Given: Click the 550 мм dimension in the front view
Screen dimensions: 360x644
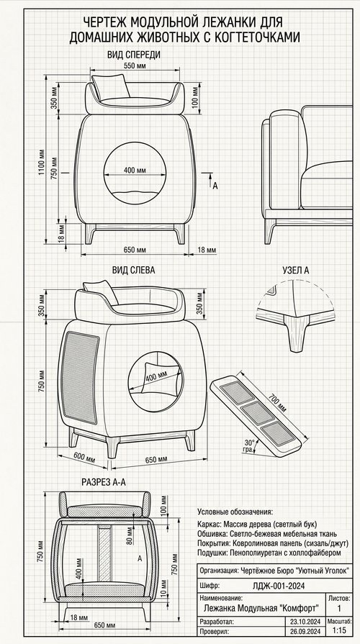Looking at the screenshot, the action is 135,65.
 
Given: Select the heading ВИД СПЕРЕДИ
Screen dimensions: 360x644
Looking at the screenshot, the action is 134,55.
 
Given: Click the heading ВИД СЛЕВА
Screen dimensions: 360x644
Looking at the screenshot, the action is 134,270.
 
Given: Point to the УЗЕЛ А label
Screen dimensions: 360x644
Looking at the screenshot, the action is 296,270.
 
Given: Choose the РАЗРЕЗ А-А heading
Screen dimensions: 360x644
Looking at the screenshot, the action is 104,482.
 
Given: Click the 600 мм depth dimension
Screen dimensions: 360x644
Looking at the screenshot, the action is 84,458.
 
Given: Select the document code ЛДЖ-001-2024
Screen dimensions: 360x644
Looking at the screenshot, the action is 278,586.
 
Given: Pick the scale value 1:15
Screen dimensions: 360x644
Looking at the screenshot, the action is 339,631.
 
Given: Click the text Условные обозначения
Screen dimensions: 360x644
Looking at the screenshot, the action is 235,512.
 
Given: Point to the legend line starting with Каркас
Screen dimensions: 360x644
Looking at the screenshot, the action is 257,525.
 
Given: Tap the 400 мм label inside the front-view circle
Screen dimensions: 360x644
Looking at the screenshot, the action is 135,170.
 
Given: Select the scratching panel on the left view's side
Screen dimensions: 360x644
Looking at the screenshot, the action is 80,378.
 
